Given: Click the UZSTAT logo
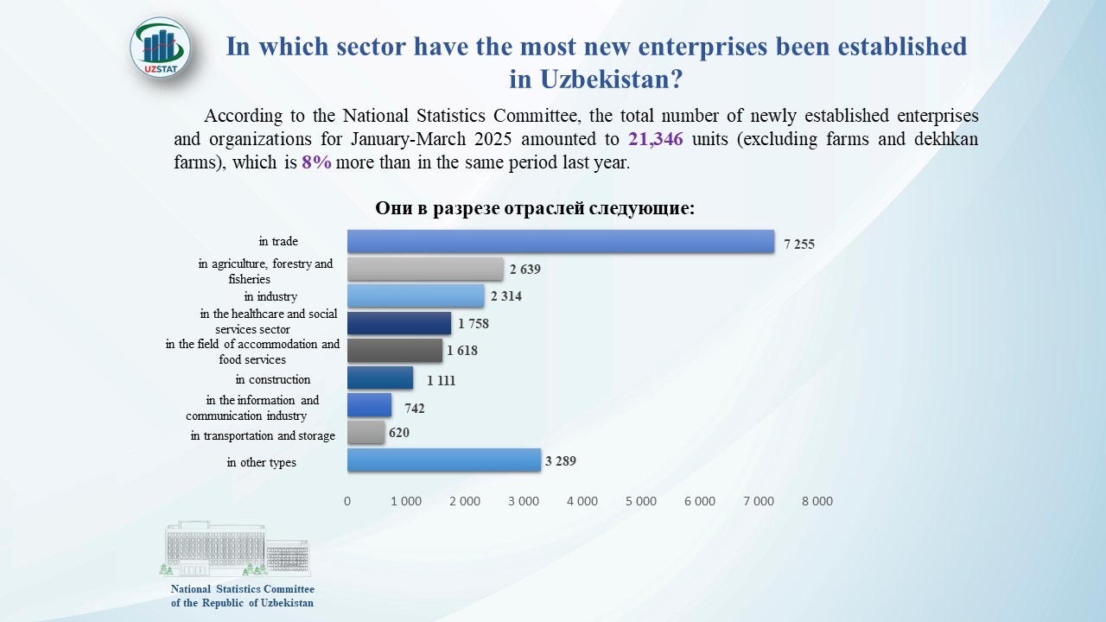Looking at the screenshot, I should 161,48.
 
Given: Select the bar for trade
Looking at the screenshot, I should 560,242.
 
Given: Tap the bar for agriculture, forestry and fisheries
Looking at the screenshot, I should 425,270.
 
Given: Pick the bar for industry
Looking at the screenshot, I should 416,296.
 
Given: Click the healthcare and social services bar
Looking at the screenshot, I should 399,323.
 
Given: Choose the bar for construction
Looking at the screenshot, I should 380,378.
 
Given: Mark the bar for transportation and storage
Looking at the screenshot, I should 365,432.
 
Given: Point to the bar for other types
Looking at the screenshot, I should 444,460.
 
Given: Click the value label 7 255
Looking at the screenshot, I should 799,244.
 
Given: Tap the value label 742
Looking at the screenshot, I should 415,409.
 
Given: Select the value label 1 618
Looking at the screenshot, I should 462,351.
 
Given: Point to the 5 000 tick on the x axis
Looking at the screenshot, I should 640,501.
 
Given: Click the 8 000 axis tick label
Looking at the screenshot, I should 817,501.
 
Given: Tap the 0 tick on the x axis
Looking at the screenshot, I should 347,501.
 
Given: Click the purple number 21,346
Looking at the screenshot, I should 656,139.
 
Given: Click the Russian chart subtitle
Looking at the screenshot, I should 535,209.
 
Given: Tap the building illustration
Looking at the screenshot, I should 235,548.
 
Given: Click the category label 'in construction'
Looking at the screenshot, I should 273,379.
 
